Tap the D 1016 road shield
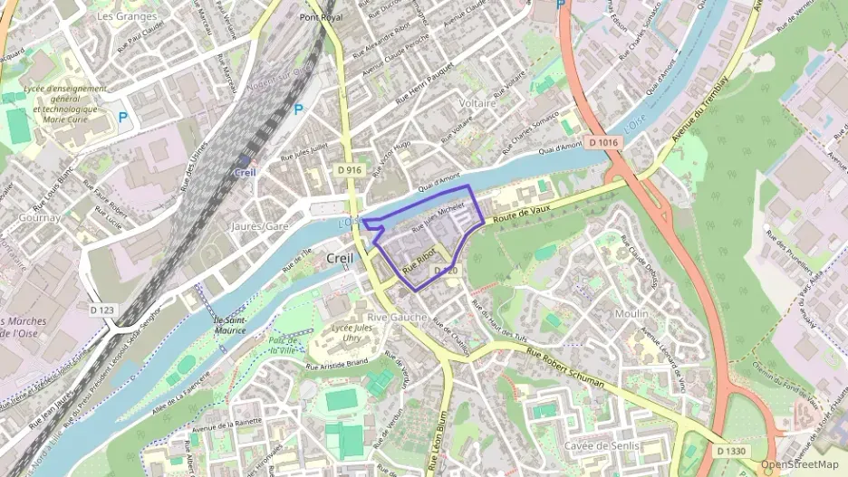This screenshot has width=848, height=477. [x=603, y=142]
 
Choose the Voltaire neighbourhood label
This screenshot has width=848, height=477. [x=477, y=103]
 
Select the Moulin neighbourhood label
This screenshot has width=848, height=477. [x=631, y=313]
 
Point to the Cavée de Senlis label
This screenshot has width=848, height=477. [x=602, y=446]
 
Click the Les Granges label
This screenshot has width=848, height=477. [x=126, y=16]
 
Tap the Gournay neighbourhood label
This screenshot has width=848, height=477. [x=38, y=217]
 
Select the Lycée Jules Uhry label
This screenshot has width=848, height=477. [x=350, y=332]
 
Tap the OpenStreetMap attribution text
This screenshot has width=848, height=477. [x=799, y=464]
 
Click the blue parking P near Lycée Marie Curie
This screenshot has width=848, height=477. [x=123, y=117]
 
